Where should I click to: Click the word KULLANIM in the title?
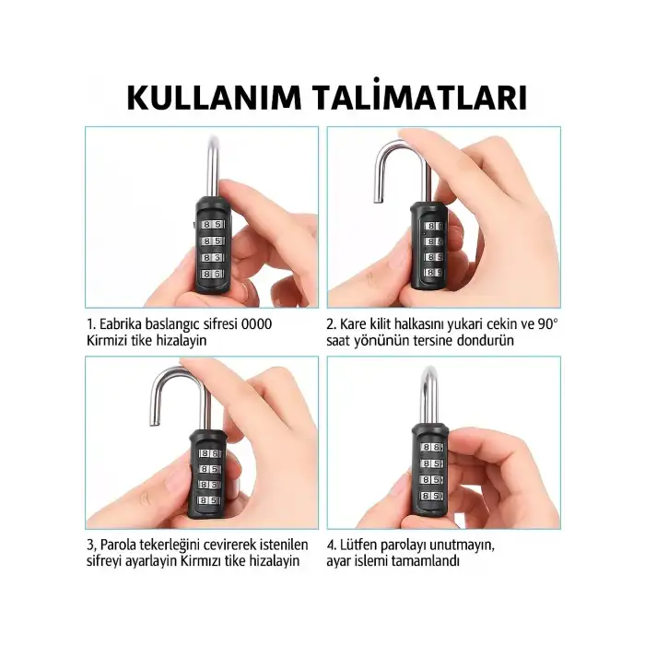[x=218, y=98]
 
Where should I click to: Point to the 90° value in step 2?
[x=547, y=324]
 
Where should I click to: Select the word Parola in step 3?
[x=123, y=544]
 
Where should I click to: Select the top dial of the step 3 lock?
[x=208, y=454]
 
